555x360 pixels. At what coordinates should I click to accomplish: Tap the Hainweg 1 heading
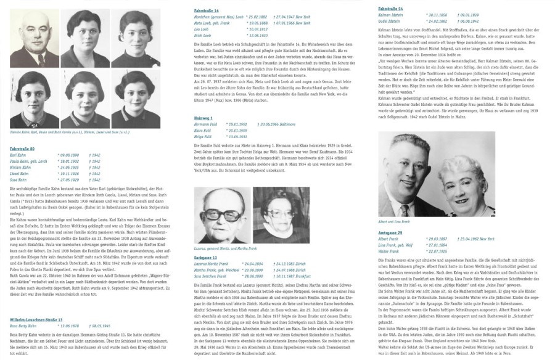[x=203, y=117]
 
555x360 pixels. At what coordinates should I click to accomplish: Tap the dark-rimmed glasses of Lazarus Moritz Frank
[x=219, y=205]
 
